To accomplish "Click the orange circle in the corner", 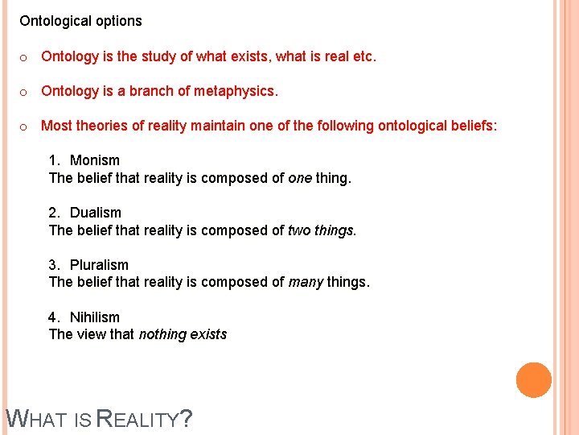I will (534, 380).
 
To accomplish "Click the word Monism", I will (95, 160).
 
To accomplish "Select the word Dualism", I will (96, 213).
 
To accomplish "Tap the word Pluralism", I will (99, 265).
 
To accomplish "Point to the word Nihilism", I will (95, 317).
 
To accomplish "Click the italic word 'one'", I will (299, 177).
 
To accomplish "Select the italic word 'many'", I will (306, 282).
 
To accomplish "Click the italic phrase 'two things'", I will (321, 230).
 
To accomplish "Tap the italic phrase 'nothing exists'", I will (183, 334).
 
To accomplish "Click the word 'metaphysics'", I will (239, 91).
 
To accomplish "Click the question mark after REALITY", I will (186, 419).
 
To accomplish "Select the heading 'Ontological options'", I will (80, 21).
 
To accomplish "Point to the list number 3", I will (54, 265).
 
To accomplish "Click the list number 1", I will (54, 160).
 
